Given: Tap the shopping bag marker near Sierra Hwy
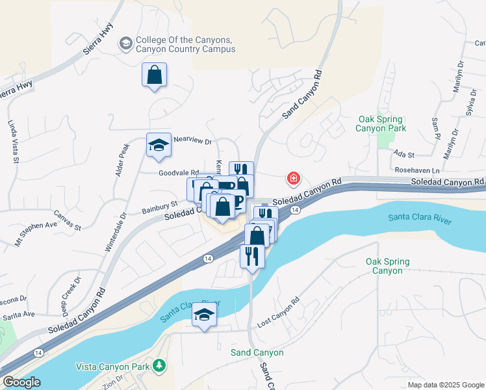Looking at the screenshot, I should (154, 75).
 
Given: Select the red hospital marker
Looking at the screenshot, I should (294, 178).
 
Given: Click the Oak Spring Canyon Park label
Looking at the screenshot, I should (380, 123).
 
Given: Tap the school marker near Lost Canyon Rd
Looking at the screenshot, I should (205, 317).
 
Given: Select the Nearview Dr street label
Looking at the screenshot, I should (193, 141).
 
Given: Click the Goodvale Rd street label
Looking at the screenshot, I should (179, 173).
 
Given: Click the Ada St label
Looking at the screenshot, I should (404, 155).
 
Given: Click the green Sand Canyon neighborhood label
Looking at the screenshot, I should (257, 352).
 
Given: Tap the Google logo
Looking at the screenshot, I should (21, 382).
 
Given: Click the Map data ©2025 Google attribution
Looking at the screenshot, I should (446, 385).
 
